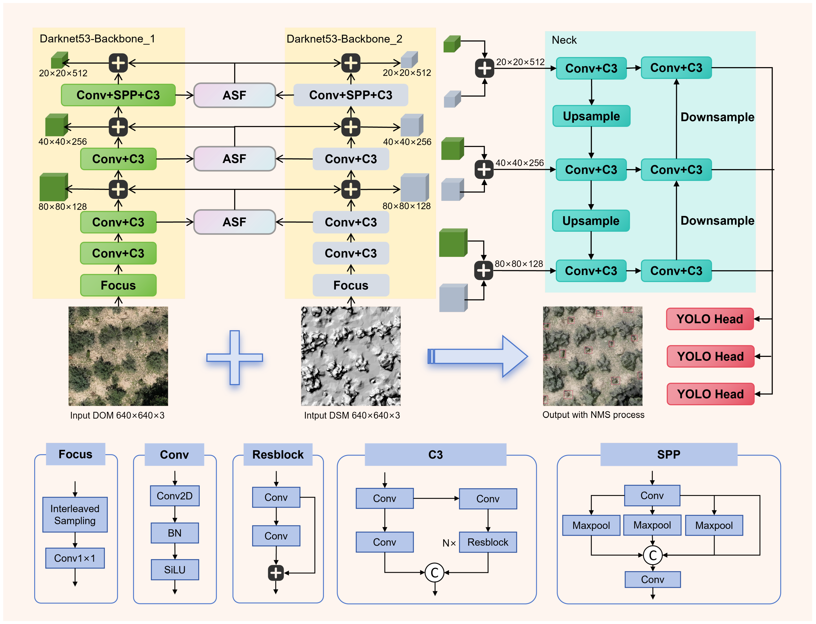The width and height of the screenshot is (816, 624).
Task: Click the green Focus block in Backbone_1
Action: pos(118,285)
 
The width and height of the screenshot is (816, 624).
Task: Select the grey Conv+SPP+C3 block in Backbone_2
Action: pos(350,95)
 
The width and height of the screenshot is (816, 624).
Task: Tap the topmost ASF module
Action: pos(234,95)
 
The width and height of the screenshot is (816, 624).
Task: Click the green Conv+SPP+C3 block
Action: pos(118,95)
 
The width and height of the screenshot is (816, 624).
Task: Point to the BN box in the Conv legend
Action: pos(174,533)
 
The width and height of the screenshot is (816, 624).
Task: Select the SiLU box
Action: pos(174,569)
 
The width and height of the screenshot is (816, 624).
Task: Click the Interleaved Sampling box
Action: pos(75,514)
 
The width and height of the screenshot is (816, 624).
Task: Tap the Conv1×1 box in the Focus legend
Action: pos(75,558)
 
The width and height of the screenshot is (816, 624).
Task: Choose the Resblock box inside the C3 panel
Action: pos(488,542)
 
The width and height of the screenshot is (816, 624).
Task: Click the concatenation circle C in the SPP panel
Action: pos(652,555)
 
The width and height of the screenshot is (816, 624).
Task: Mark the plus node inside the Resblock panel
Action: pos(275,573)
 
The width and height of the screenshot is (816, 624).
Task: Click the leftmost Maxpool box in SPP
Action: pos(591,525)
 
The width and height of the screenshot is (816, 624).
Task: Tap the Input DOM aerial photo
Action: pos(118,356)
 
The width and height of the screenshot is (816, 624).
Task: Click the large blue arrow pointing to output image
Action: pos(477,356)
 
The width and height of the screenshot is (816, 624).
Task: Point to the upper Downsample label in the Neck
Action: pos(717,117)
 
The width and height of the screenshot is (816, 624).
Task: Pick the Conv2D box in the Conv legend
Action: pos(174,496)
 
